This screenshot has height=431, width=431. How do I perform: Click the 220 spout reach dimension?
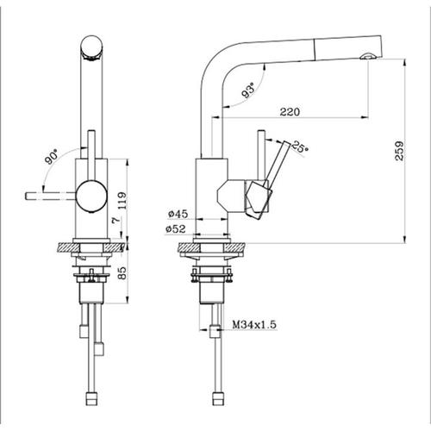coord(290,111)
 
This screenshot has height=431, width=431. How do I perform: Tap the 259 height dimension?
coord(399,151)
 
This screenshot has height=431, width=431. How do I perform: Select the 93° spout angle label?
coord(248,90)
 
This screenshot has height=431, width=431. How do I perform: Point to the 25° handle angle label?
coord(300,147)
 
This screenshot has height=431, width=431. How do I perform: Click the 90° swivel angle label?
coord(52,156)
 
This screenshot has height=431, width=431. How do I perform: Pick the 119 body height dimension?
coord(122,200)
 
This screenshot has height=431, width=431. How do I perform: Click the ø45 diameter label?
coord(178,214)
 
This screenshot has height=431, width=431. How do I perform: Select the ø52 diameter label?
coord(176,228)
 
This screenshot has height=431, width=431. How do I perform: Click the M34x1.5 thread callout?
coord(254,325)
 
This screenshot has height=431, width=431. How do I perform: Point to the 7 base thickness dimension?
coord(116,221)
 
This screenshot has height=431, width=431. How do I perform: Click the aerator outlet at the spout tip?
coord(368,56)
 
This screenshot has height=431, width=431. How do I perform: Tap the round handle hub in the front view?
coord(91,197)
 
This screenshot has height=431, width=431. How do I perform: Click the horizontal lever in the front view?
coord(51,196)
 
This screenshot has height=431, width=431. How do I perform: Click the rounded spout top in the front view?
coord(91,48)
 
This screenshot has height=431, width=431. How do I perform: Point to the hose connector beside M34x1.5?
coord(215,331)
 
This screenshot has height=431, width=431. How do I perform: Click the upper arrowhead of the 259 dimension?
coord(404,63)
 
